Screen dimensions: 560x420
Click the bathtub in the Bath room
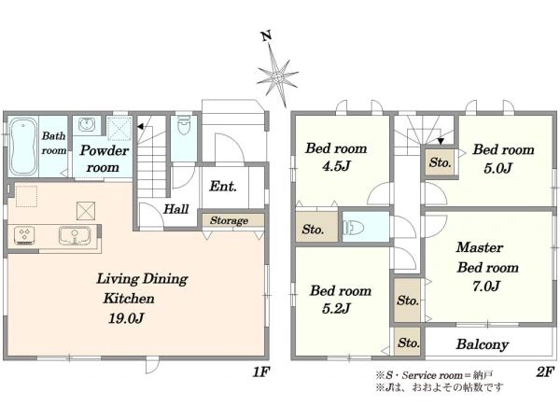pos(23,147)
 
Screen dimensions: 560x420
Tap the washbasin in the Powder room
pos(86,124)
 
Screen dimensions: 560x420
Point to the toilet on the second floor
pos(354,227)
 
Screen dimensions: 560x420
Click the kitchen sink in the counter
pos(75,236)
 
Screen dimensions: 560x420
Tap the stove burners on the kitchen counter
pos(24,236)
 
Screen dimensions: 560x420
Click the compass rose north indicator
pos(278,77)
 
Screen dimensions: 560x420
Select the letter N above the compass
pos(266,36)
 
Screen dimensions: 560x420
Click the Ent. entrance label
pos(223,186)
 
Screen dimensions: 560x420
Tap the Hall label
pos(176,209)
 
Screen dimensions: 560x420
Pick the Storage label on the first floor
pos(229,220)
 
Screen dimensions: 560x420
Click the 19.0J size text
pos(126,318)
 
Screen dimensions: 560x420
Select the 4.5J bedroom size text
pos(336,166)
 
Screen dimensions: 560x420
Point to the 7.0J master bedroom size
pos(486,287)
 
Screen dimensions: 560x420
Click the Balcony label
pos(483,344)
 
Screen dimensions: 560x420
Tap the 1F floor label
pos(260,372)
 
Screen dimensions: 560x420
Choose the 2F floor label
pos(545,372)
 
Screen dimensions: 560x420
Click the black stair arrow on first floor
pos(140,127)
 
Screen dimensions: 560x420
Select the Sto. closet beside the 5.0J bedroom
pos(440,162)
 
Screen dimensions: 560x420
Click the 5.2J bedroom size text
pos(336,308)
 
